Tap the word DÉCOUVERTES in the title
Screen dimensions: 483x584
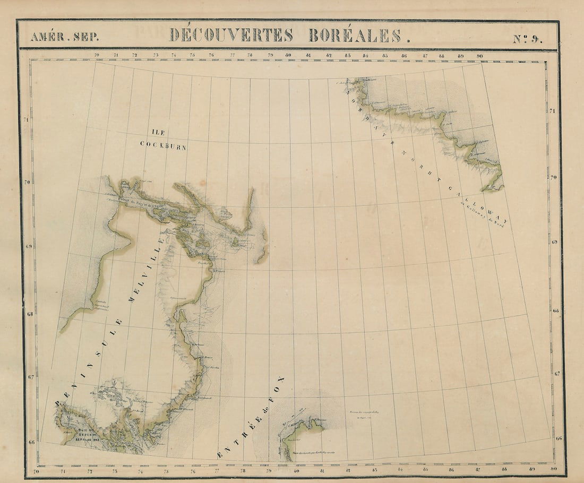tap(231, 36)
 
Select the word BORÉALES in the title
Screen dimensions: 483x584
tap(359, 36)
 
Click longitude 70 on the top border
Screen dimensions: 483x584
tap(97, 55)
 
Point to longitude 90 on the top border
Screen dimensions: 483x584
tap(479, 55)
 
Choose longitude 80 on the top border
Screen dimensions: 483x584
tap(288, 55)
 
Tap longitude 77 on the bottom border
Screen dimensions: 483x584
tap(217, 470)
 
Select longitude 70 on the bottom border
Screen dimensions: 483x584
tap(36, 471)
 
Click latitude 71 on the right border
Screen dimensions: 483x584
tap(553, 111)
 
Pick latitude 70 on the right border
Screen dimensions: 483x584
tap(554, 177)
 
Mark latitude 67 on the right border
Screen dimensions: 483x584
tap(557, 374)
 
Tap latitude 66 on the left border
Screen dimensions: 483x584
tap(32, 442)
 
